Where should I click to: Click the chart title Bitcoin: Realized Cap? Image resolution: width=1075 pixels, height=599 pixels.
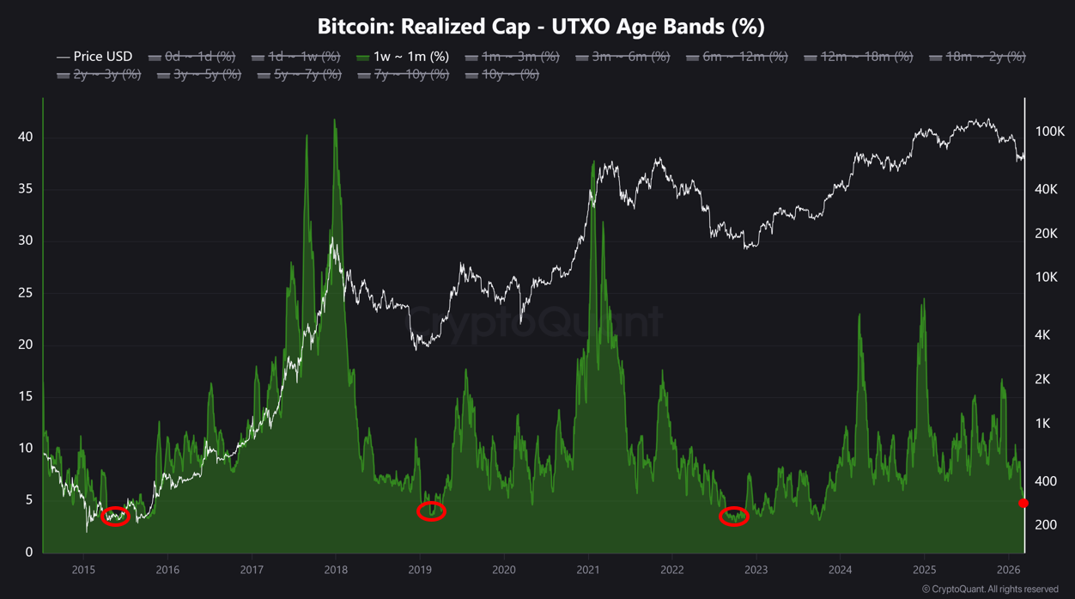click(540, 26)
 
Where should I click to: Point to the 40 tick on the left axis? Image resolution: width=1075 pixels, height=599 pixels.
click(25, 138)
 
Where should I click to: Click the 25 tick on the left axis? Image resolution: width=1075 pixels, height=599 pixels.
click(25, 293)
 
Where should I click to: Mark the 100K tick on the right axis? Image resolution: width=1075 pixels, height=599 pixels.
click(1049, 131)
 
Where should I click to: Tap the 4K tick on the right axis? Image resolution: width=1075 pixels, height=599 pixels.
click(1042, 335)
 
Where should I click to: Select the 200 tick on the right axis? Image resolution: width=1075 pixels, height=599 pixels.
click(1046, 524)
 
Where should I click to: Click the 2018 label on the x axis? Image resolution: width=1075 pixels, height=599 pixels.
click(336, 570)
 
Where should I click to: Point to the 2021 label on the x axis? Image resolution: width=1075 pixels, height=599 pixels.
click(588, 570)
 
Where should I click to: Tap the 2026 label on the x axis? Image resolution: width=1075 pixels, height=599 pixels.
click(1008, 570)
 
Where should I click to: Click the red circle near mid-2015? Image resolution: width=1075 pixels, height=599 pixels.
click(115, 516)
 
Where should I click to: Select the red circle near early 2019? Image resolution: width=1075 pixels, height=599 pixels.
click(431, 511)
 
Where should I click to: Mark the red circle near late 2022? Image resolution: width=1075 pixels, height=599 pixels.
click(733, 516)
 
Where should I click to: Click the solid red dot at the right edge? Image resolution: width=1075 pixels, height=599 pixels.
click(1023, 503)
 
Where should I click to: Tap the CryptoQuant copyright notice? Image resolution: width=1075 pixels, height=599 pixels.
click(989, 590)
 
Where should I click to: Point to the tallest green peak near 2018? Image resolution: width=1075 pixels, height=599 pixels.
click(334, 120)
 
